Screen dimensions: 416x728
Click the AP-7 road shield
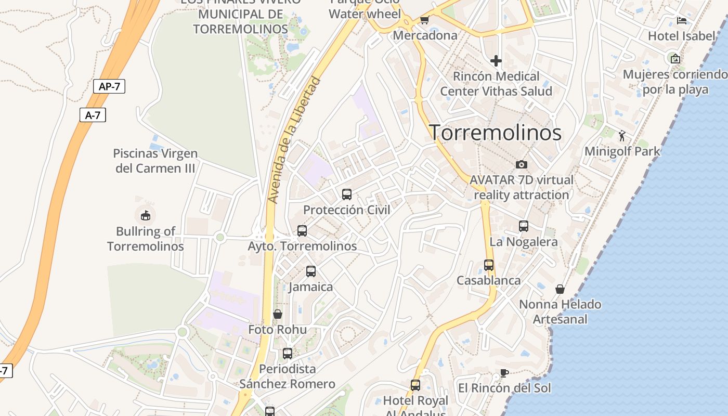tap(109, 86)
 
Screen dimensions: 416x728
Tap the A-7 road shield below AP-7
tap(93, 115)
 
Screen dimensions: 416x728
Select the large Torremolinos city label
tap(495, 133)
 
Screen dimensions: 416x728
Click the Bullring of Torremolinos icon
tap(145, 215)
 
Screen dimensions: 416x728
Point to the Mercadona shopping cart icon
tap(424, 20)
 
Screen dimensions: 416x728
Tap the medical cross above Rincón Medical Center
tap(496, 61)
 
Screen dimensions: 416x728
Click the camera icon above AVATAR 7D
tap(522, 164)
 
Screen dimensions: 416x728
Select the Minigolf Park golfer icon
tap(622, 136)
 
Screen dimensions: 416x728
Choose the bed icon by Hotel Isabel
tap(682, 21)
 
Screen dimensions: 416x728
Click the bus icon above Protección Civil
tap(347, 194)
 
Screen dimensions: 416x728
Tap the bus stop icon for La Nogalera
tap(524, 226)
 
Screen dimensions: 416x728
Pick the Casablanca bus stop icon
tap(489, 265)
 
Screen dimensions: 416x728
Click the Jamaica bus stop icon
tap(311, 271)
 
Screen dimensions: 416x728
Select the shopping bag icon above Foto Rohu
tap(278, 314)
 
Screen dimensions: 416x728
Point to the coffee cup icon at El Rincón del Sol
tap(504, 372)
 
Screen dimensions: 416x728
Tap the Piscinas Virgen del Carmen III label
tap(155, 161)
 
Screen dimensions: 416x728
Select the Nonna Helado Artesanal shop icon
tap(560, 289)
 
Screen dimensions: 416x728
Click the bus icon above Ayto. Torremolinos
tap(302, 231)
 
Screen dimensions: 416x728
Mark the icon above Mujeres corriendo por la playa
tap(675, 59)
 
